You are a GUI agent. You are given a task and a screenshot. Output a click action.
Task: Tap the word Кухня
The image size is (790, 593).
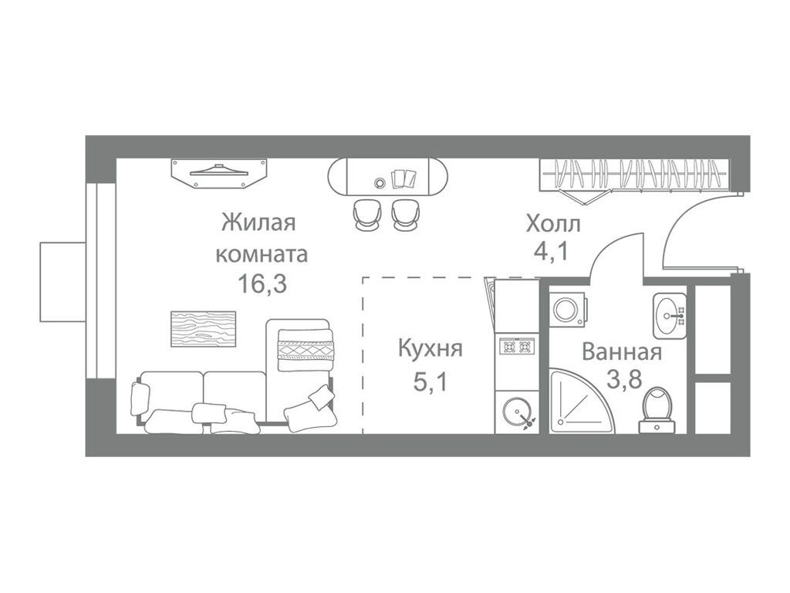430,349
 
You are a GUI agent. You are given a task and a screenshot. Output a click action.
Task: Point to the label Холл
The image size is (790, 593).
553,225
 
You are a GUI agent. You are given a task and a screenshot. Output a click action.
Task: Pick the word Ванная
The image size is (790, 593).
622,353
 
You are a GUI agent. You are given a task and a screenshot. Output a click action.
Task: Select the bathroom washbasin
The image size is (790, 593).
670,315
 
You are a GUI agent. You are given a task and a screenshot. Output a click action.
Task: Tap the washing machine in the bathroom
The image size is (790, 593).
567,310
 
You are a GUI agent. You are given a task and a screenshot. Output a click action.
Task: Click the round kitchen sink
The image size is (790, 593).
517,412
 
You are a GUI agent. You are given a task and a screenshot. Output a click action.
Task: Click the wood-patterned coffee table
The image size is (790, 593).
203,329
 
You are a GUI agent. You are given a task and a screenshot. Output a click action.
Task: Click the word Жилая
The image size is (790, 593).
258,224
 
